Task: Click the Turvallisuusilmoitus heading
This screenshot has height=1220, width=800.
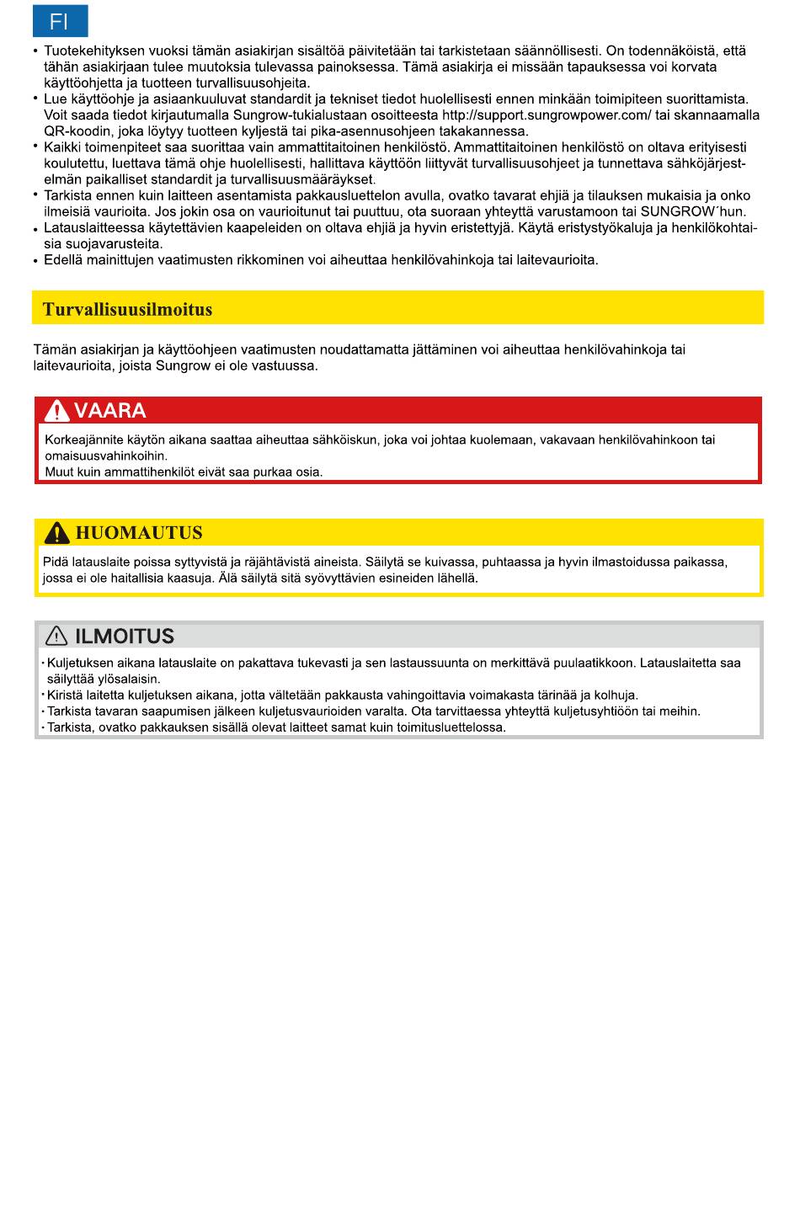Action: tap(128, 309)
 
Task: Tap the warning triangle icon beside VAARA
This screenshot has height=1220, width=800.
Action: tap(57, 411)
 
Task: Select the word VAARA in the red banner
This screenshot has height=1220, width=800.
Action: tap(109, 411)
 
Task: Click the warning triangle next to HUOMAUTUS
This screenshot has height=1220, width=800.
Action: tap(57, 533)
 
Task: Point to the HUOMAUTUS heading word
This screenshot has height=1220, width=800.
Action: tap(139, 533)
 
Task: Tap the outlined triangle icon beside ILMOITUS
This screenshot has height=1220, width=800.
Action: tap(56, 637)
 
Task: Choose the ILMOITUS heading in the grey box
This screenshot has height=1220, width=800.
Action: tap(125, 637)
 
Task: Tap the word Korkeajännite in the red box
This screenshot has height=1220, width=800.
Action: tap(80, 440)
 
